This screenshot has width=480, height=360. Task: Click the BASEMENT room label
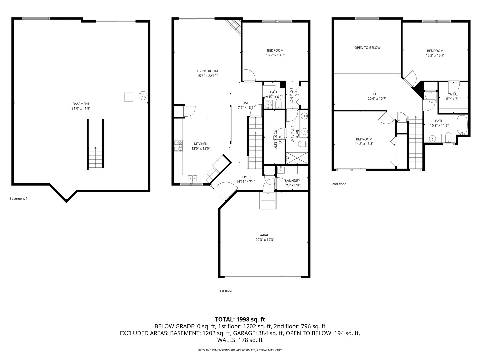click(x=81, y=104)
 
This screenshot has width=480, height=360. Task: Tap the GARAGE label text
click(x=265, y=235)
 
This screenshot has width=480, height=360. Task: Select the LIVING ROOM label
click(x=207, y=71)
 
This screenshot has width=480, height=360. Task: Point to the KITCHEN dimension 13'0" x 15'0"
click(x=201, y=149)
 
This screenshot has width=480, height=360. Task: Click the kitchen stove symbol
click(x=178, y=146)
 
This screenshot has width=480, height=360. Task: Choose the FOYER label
click(x=245, y=177)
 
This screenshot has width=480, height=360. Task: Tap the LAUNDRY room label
click(x=292, y=181)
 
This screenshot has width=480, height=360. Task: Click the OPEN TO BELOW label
click(x=367, y=48)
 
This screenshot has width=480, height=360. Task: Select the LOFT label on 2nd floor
click(x=377, y=94)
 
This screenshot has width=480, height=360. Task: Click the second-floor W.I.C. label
click(x=453, y=94)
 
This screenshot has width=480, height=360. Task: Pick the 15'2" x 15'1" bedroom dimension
click(x=435, y=56)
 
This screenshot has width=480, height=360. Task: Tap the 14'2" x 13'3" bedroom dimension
click(x=364, y=144)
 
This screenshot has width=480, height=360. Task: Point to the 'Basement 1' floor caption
click(x=18, y=199)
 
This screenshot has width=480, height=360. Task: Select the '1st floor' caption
click(x=226, y=291)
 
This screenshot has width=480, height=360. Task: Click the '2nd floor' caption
click(x=339, y=184)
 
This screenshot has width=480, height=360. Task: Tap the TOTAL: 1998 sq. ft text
click(x=240, y=319)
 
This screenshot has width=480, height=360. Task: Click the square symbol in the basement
click(x=128, y=97)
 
